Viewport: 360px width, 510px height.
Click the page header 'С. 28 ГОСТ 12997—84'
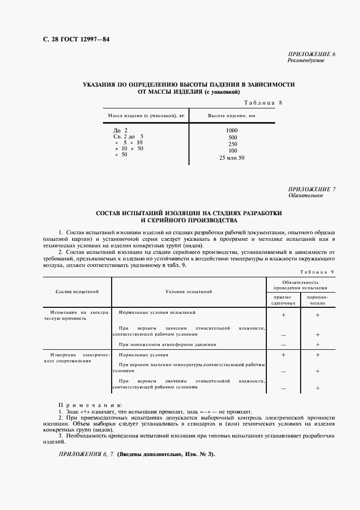click(69, 40)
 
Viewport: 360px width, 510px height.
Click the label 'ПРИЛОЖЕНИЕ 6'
click(312, 54)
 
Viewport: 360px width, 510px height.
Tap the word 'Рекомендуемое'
click(306, 60)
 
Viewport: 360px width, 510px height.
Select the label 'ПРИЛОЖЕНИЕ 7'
click(312, 189)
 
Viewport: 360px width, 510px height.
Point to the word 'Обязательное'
click(305, 195)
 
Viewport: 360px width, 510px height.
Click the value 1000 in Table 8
click(232, 131)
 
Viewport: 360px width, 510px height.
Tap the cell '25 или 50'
click(232, 157)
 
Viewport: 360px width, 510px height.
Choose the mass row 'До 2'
click(120, 131)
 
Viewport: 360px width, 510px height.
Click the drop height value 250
click(232, 144)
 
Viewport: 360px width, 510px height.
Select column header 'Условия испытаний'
click(188, 292)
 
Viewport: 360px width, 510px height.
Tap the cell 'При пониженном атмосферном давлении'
click(167, 344)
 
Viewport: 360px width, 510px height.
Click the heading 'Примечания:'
click(89, 405)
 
